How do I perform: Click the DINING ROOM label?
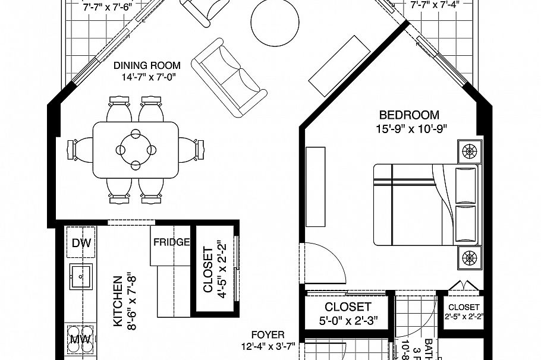(146, 65)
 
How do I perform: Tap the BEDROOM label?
(410, 115)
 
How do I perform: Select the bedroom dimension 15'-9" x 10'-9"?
(410, 127)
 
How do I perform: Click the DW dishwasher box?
(81, 243)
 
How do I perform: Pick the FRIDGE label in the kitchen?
(171, 242)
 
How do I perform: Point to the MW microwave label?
(80, 340)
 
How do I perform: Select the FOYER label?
(268, 335)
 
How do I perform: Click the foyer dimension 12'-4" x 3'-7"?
(268, 346)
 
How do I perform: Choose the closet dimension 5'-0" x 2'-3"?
(348, 321)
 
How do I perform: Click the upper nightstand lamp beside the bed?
(470, 150)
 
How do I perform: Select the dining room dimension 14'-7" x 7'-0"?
(146, 77)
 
